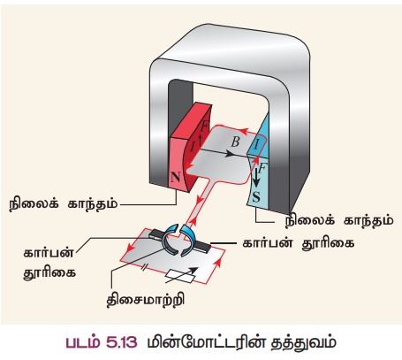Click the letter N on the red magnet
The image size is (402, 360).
(x=175, y=177)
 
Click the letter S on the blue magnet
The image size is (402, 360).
(x=256, y=196)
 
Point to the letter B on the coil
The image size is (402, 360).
(x=235, y=142)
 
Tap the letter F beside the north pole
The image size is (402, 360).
(x=204, y=126)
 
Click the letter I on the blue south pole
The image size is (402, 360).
(x=256, y=145)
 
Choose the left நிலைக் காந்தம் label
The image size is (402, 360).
(x=64, y=204)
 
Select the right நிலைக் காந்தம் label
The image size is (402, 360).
(x=339, y=220)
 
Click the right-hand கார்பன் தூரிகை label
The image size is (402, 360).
(x=298, y=243)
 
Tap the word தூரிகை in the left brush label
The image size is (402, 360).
(x=49, y=272)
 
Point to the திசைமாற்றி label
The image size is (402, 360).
(x=146, y=300)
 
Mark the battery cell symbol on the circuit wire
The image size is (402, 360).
(x=143, y=267)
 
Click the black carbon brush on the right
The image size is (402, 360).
(x=202, y=247)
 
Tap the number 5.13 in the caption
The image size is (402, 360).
(x=121, y=342)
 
